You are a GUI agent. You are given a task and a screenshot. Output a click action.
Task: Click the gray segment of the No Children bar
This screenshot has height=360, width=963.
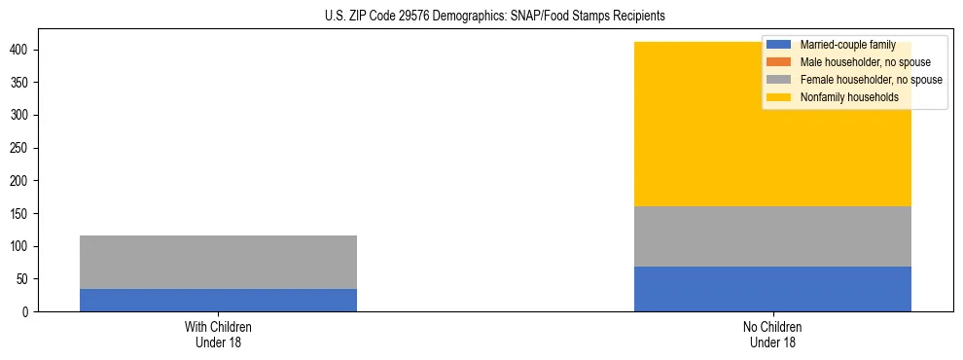click(x=772, y=236)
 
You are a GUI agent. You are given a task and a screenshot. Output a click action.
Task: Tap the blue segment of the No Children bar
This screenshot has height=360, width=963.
click(x=772, y=289)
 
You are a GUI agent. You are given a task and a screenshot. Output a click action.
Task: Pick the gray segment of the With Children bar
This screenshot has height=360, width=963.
click(x=218, y=262)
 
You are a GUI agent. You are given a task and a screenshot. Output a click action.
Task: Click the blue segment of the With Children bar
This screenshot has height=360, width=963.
click(x=218, y=300)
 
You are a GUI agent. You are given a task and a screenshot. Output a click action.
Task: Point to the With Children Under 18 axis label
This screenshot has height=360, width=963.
click(x=218, y=335)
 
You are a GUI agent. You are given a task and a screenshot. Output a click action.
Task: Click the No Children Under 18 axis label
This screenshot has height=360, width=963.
click(x=772, y=335)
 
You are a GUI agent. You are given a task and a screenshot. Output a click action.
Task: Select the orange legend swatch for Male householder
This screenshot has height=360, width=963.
click(x=780, y=62)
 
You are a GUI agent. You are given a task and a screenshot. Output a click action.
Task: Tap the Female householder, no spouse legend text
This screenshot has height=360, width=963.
click(x=871, y=80)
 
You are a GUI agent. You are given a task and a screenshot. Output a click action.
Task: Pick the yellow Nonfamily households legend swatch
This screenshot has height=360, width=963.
click(x=780, y=97)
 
